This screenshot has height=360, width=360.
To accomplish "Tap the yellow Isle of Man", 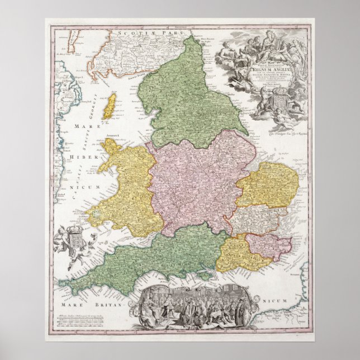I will click(110, 106).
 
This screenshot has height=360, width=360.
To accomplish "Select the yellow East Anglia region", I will click(267, 184).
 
